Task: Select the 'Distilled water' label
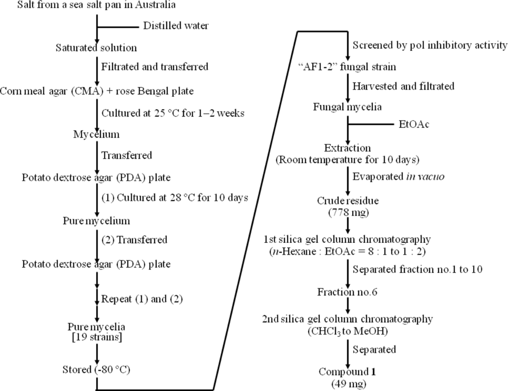[x=176, y=26]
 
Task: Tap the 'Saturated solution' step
[x=96, y=48]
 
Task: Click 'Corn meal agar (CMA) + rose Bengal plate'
[x=97, y=92]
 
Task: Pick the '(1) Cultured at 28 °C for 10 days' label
[x=175, y=197]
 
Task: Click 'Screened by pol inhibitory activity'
[x=430, y=46]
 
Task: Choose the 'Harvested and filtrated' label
[x=403, y=86]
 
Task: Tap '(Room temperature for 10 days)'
[x=347, y=159]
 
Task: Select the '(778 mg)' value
[x=347, y=212]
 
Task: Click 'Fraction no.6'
[x=347, y=292]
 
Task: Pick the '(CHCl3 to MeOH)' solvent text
[x=347, y=329]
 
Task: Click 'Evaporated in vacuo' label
[x=391, y=176]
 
